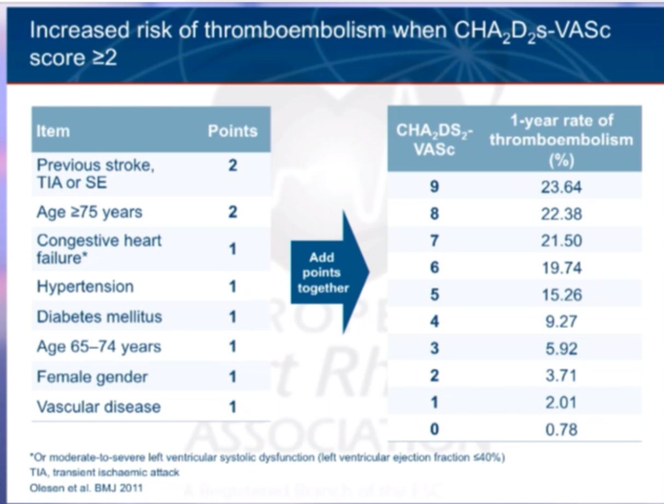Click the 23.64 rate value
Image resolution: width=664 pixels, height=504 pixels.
coord(561,187)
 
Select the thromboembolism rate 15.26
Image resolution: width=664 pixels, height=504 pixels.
coord(561,295)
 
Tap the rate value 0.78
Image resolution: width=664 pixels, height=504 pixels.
coord(561,430)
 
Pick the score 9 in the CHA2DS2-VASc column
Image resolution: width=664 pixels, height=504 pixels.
coord(434,187)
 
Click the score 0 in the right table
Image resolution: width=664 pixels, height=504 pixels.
coord(434,430)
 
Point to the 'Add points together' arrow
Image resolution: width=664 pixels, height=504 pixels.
coord(328,273)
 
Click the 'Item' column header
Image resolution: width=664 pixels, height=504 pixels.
coord(54,131)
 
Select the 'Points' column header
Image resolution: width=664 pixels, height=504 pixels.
coord(232,131)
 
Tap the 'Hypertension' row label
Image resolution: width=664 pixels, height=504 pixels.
coord(85,287)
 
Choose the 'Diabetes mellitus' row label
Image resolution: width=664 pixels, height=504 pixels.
coord(99,317)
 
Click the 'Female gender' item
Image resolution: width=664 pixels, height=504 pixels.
coord(92,376)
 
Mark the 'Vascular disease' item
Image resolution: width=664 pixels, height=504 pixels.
coord(98,407)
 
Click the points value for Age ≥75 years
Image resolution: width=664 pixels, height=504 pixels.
coord(232,212)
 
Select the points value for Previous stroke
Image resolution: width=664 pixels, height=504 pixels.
coord(232,166)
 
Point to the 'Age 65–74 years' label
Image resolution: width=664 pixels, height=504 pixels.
coord(98,346)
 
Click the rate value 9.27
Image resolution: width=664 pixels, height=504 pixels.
coord(561,321)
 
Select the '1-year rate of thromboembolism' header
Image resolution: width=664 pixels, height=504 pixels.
coord(561,140)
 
